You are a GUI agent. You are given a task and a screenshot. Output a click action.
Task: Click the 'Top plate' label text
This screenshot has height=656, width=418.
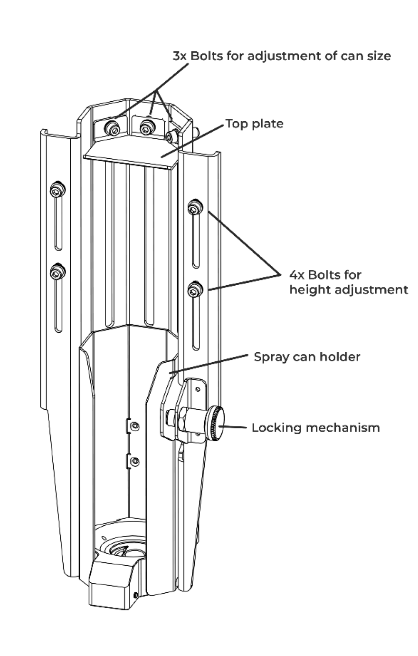(x=254, y=124)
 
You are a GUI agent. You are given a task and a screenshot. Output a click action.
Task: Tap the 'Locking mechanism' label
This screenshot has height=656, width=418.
(x=315, y=427)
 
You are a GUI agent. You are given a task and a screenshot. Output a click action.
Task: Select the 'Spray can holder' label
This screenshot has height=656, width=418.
(x=307, y=357)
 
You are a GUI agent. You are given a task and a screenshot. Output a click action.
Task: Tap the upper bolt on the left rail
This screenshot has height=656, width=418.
(x=57, y=191)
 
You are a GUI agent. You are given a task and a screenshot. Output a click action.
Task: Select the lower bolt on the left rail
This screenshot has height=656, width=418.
(x=57, y=272)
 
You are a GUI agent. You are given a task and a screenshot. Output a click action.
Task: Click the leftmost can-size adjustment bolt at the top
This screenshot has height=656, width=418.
(x=113, y=127)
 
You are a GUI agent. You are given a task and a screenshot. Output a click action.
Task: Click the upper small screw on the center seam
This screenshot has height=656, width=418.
(x=136, y=424)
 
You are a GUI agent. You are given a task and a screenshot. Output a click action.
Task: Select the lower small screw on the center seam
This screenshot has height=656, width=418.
(x=136, y=461)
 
